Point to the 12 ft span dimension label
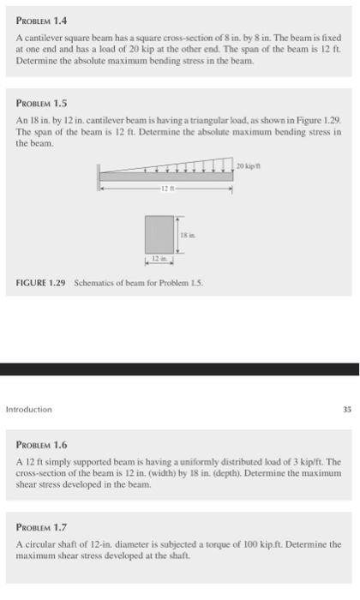[167, 188]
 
